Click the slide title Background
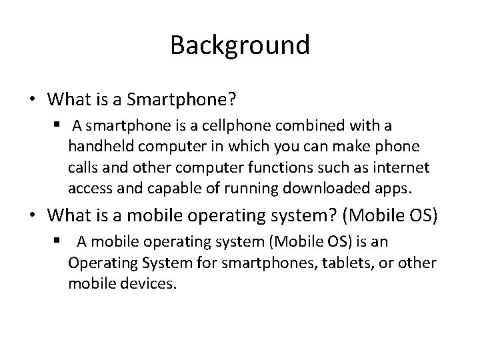point(240,45)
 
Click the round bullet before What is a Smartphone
point(32,99)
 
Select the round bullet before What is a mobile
point(32,216)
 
